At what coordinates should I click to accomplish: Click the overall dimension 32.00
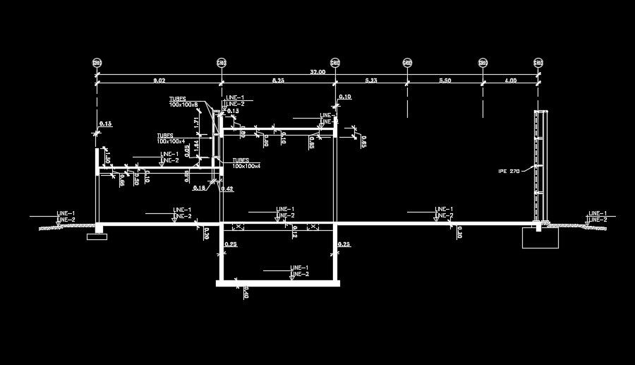click(317, 71)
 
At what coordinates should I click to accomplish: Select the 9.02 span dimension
click(159, 82)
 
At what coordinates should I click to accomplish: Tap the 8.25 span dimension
click(278, 82)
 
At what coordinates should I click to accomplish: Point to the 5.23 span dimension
click(371, 82)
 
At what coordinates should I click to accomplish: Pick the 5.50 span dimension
click(445, 82)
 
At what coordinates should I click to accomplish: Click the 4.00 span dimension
click(510, 82)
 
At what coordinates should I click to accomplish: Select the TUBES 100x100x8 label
click(182, 102)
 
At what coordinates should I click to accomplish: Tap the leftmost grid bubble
click(97, 63)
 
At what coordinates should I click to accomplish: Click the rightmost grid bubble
click(538, 63)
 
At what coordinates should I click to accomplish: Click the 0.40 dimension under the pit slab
click(246, 291)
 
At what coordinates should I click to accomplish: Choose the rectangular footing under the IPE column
click(540, 237)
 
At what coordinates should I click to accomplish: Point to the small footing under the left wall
click(96, 236)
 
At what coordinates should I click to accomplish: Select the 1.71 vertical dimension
click(195, 122)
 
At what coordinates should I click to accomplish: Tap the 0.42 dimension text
click(227, 189)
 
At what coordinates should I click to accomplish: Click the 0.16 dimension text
click(198, 187)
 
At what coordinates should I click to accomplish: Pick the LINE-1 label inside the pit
click(299, 268)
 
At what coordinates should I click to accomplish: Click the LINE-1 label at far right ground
click(598, 213)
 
